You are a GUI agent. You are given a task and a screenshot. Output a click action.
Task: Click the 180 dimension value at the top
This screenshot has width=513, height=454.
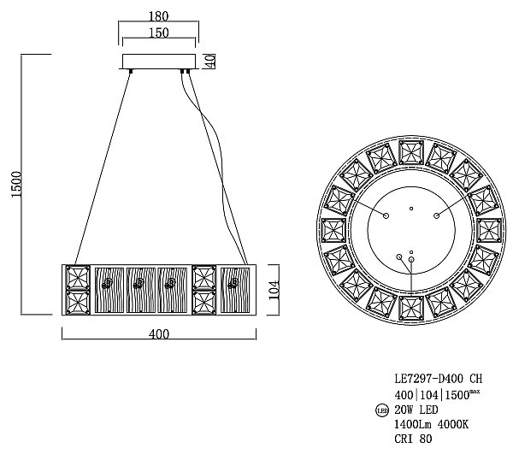click(158, 15)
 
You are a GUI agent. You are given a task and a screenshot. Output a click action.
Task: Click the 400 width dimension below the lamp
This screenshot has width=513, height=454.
click(159, 335)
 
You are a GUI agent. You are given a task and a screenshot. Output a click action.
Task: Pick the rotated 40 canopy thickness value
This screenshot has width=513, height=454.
click(209, 62)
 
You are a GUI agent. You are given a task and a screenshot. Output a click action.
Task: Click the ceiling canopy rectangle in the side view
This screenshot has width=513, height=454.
click(159, 62)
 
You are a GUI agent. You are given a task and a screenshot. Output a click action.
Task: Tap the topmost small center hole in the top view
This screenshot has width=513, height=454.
click(411, 208)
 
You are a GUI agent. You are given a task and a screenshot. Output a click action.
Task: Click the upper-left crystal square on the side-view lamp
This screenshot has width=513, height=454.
click(78, 278)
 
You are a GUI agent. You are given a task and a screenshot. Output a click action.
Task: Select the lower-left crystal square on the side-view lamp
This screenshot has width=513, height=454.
click(78, 303)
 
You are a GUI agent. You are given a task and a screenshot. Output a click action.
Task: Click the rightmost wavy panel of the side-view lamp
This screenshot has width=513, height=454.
click(233, 290)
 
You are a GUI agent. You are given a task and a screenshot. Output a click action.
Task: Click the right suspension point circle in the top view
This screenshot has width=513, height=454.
click(436, 215)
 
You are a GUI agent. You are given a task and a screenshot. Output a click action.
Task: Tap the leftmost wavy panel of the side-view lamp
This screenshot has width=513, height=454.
click(108, 290)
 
